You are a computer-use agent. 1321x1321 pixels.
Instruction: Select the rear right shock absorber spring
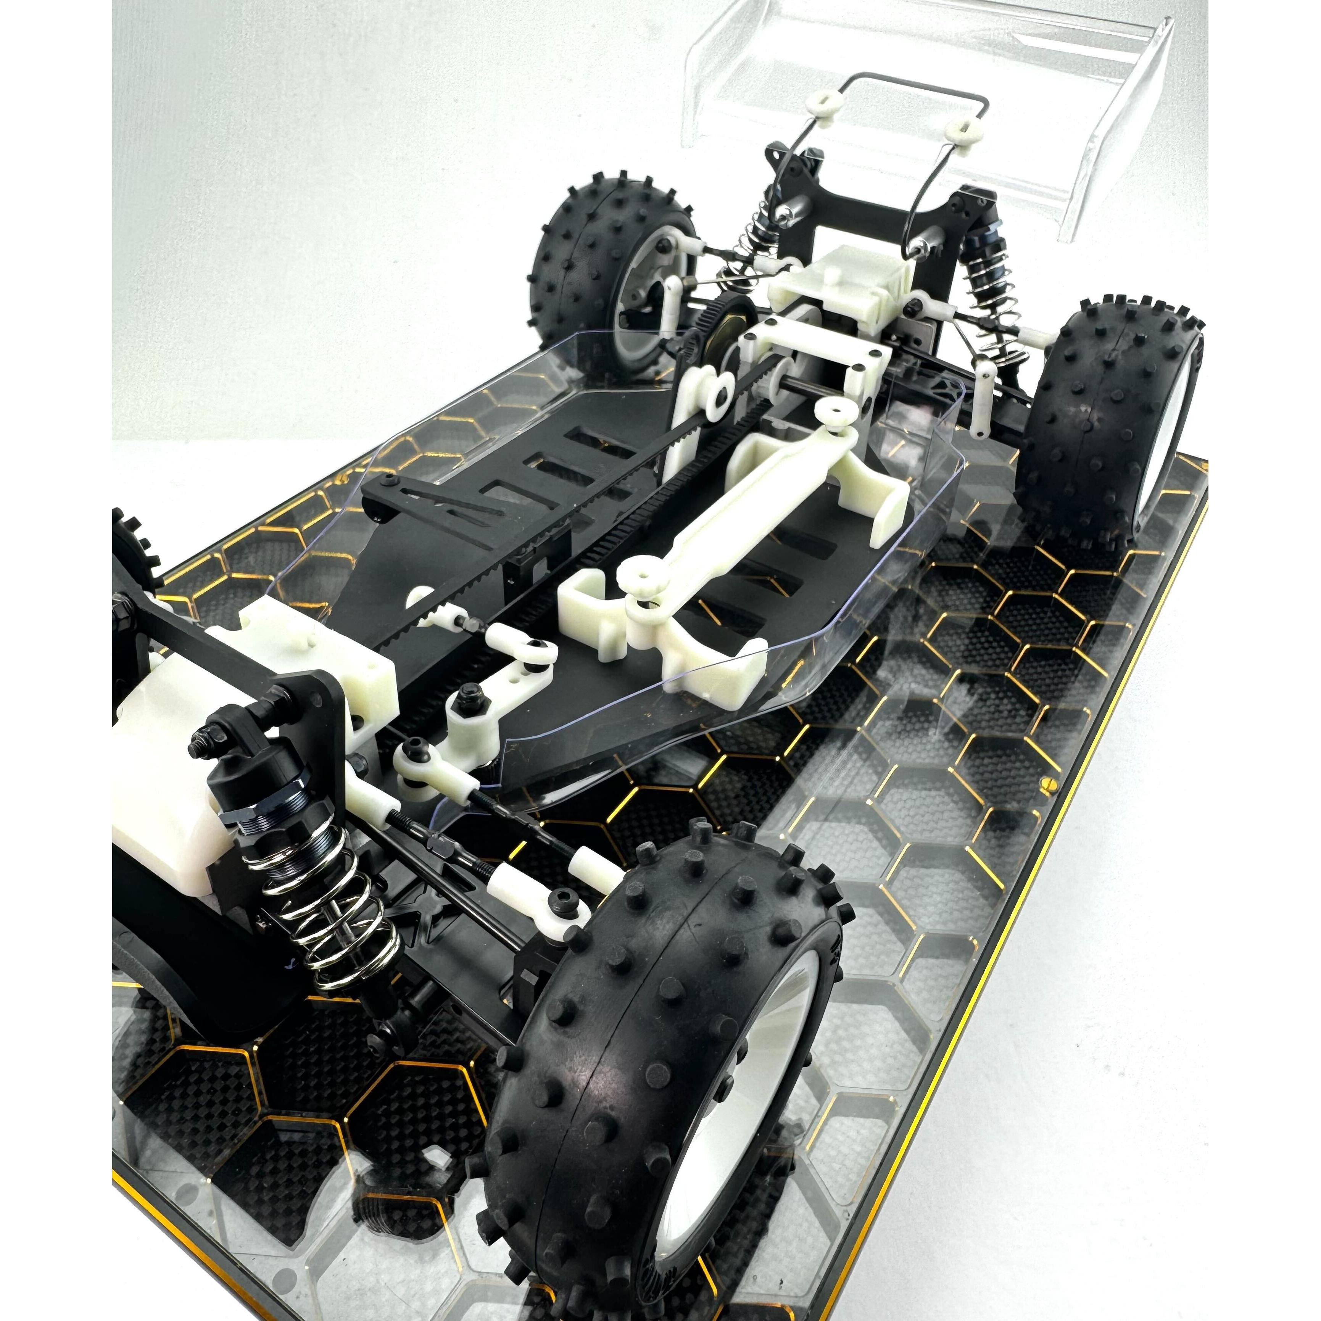pyautogui.click(x=998, y=314)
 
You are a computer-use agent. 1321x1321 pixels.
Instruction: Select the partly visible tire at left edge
pyautogui.click(x=133, y=547)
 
